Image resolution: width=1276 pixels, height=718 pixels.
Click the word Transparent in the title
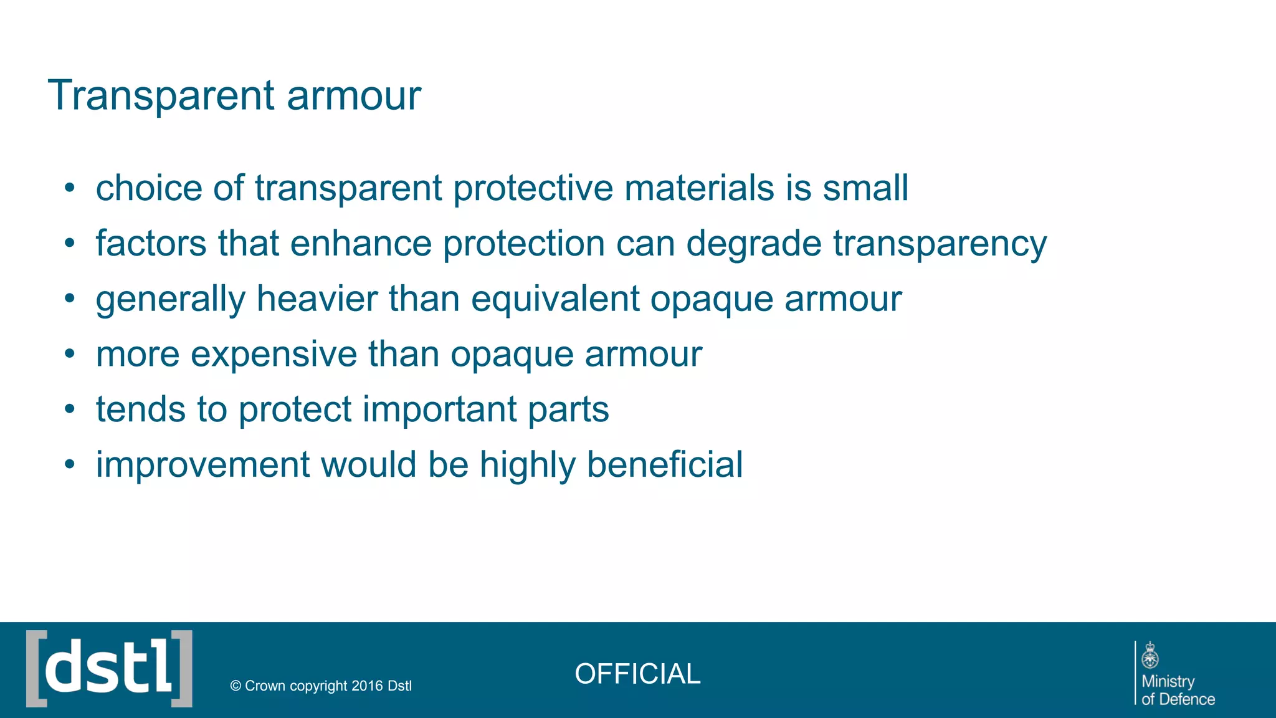click(161, 96)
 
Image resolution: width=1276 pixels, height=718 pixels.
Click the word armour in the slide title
click(354, 97)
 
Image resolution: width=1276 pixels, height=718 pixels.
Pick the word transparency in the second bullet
click(940, 244)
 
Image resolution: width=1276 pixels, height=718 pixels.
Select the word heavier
click(317, 299)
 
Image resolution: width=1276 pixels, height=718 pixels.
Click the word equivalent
click(555, 299)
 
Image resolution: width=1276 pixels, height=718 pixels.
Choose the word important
click(440, 409)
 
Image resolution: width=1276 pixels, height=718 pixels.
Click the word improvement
click(202, 465)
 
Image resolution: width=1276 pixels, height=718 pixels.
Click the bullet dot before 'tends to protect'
click(70, 409)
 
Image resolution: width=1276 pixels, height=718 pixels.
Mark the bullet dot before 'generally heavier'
click(70, 299)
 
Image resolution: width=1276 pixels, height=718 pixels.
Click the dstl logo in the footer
click(109, 669)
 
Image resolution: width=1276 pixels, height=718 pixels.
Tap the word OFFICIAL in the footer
click(637, 674)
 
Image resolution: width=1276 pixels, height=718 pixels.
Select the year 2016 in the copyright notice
click(367, 686)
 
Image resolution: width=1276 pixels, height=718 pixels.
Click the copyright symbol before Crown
click(236, 686)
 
